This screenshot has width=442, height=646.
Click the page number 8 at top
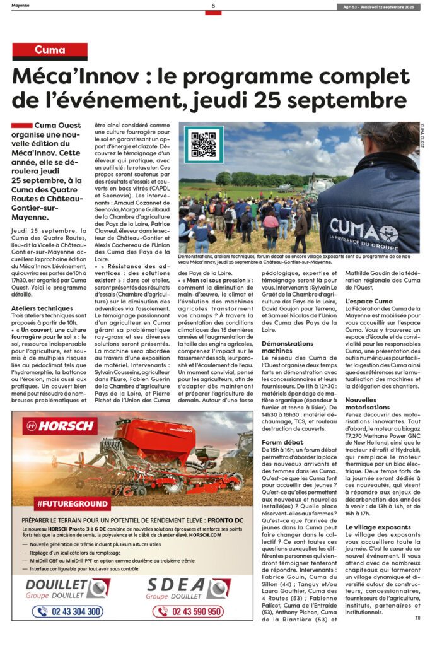213,6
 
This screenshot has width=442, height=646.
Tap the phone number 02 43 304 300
67,611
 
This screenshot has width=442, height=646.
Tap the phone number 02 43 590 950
187,611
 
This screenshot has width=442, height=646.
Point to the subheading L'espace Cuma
369,302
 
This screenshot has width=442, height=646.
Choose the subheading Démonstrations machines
286,346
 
